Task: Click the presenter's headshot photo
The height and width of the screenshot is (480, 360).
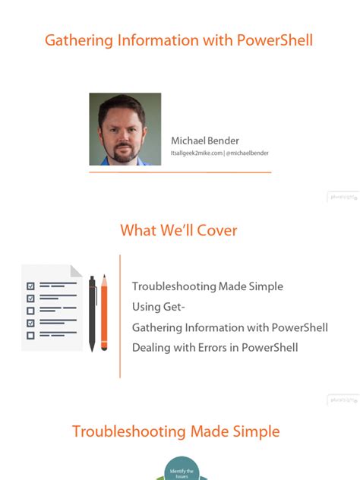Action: (x=125, y=129)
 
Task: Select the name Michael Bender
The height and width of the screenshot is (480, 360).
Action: (x=205, y=141)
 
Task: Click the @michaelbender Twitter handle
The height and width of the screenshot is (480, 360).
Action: (x=247, y=153)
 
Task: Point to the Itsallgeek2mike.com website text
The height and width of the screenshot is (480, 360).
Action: (x=196, y=153)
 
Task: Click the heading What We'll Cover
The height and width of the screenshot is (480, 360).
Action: (x=178, y=230)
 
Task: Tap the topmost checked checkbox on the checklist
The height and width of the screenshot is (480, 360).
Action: (x=31, y=286)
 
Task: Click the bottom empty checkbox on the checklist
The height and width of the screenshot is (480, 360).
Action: (x=31, y=335)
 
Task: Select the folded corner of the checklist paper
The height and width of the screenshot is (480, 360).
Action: (x=76, y=270)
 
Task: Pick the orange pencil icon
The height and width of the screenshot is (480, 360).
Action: (x=105, y=311)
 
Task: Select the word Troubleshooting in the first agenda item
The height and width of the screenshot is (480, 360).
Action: (x=174, y=286)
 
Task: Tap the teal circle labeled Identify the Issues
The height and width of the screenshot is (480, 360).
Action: (x=179, y=469)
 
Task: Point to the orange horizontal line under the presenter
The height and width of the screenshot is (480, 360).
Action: (x=180, y=172)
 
